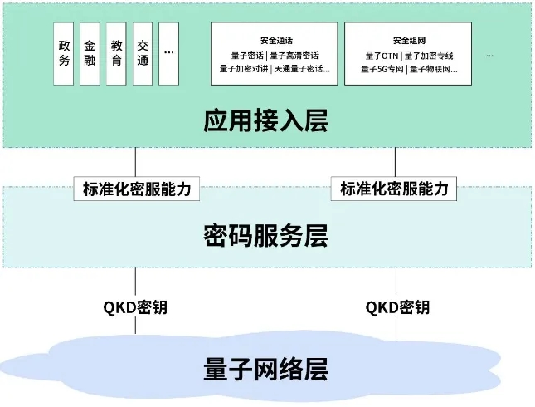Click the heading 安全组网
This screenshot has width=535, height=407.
[409, 40]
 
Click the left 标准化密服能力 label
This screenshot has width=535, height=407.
[137, 189]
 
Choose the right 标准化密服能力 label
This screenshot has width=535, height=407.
[394, 189]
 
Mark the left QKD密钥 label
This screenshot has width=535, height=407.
[135, 307]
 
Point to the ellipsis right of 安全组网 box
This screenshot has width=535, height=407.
[490, 55]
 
